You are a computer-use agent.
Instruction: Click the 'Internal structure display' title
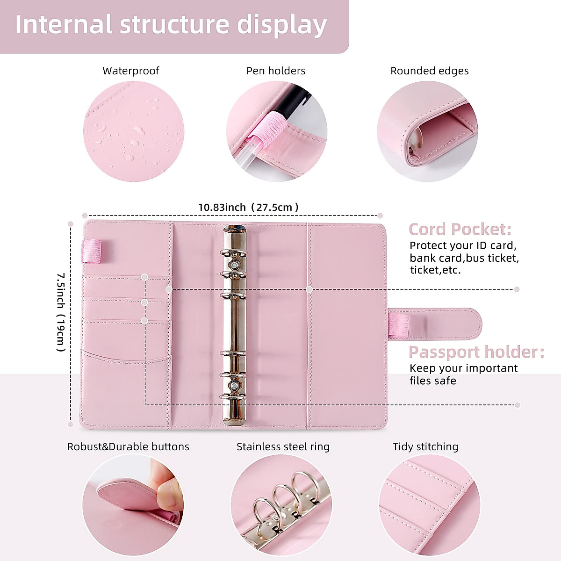[171, 25]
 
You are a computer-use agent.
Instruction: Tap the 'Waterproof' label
[131, 71]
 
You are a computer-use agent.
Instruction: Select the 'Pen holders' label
[276, 71]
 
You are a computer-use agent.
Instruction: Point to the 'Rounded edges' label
[429, 71]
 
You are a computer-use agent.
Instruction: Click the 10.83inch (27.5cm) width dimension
[248, 207]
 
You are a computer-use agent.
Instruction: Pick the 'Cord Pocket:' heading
[460, 229]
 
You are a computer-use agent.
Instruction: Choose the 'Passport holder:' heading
[476, 352]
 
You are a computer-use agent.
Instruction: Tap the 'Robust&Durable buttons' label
[128, 446]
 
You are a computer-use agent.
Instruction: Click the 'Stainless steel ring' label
[283, 446]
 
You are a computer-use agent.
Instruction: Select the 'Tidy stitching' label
[425, 446]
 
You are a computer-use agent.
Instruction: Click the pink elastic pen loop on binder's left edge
[91, 251]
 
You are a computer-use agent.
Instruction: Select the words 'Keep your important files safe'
[463, 374]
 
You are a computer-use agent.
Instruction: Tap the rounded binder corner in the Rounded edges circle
[416, 140]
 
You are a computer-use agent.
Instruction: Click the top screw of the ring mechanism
[235, 265]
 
